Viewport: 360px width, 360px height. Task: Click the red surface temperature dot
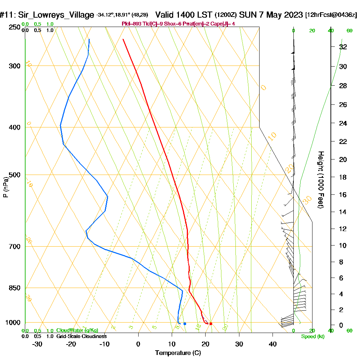pos(211,324)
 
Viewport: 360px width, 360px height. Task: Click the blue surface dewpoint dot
pos(185,324)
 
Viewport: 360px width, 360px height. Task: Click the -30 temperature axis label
pos(37,344)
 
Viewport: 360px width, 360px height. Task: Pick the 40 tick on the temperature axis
pos(273,344)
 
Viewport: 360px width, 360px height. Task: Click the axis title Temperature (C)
pos(178,353)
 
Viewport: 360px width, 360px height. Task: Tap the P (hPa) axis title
pos(5,187)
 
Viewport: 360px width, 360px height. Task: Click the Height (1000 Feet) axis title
pos(320,180)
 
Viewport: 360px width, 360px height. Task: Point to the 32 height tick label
pos(343,47)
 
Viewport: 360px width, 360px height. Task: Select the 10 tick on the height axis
pos(343,246)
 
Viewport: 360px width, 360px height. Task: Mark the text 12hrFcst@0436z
pos(331,15)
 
